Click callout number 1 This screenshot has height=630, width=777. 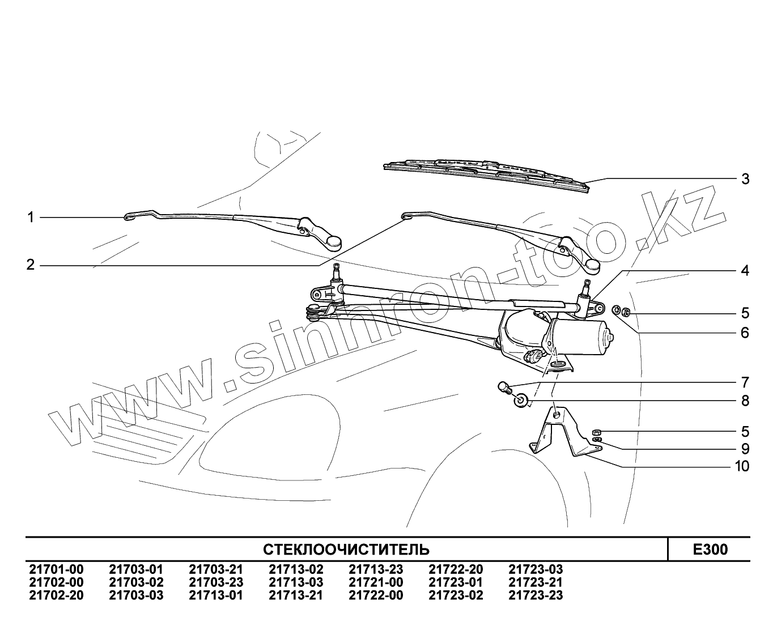(31, 217)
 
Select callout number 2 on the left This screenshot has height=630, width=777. (31, 265)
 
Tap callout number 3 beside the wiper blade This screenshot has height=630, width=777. (745, 179)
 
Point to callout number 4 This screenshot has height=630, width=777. (745, 271)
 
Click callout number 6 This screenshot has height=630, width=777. (745, 333)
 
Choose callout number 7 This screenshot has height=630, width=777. (745, 382)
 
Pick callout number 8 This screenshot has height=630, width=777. (745, 401)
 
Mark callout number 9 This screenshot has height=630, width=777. (745, 449)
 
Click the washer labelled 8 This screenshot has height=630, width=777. (521, 402)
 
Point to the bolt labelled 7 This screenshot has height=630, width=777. (504, 387)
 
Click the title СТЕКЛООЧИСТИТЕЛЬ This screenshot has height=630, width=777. (346, 550)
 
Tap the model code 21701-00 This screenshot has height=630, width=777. (56, 570)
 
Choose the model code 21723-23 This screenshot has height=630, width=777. (536, 595)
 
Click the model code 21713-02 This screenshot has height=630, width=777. (296, 570)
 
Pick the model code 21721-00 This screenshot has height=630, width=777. (376, 582)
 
